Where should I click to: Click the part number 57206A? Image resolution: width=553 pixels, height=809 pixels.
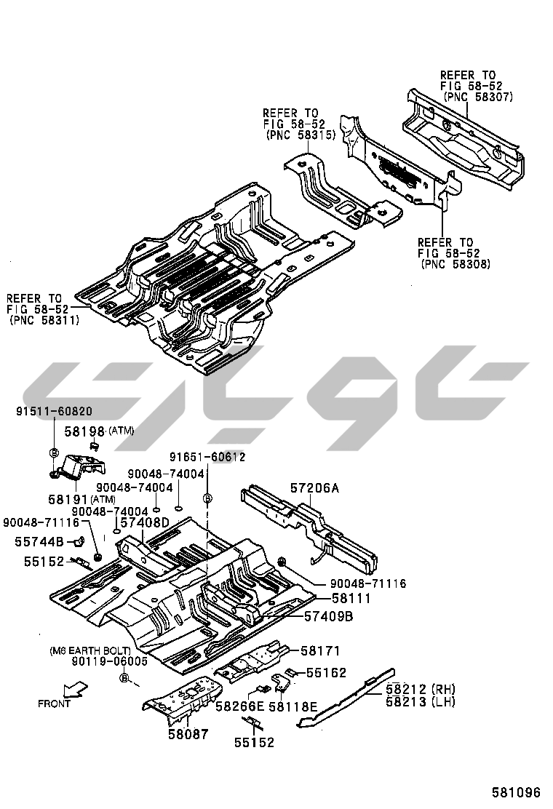pyautogui.click(x=314, y=488)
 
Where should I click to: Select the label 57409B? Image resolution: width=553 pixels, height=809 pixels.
pyautogui.click(x=328, y=617)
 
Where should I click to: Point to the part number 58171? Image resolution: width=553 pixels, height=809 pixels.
pyautogui.click(x=321, y=650)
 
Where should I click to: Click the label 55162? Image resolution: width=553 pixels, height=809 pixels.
pyautogui.click(x=326, y=673)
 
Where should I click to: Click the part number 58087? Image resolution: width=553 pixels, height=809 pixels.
pyautogui.click(x=188, y=735)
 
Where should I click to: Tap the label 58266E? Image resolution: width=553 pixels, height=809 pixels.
pyautogui.click(x=239, y=706)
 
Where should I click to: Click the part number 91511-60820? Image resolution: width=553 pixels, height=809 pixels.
pyautogui.click(x=54, y=411)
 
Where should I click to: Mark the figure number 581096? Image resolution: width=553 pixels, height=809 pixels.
pyautogui.click(x=516, y=792)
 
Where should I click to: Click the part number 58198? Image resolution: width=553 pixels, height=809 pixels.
pyautogui.click(x=85, y=431)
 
